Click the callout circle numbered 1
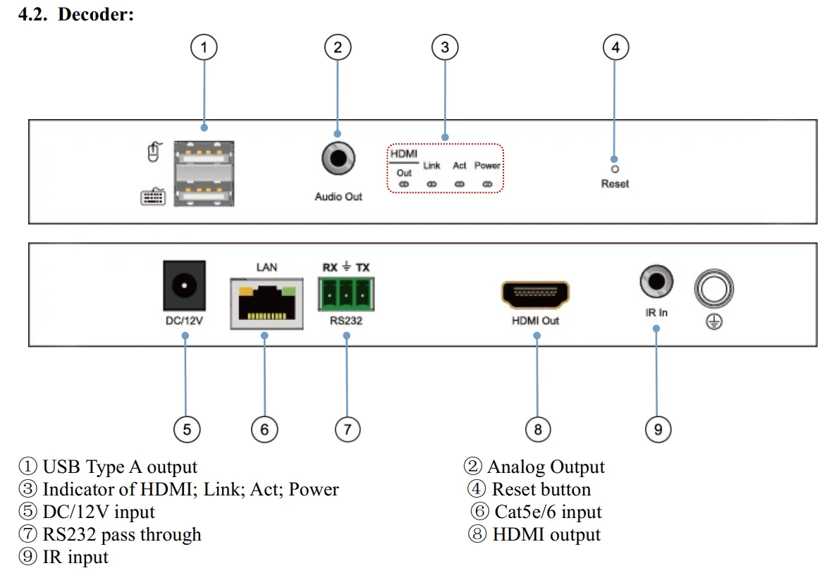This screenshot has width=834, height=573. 204,48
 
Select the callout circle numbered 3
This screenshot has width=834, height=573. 444,48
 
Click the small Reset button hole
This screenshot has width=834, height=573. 614,169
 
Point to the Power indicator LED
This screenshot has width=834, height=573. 486,184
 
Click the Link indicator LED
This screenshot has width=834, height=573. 432,184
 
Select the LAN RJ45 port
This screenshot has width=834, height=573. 266,302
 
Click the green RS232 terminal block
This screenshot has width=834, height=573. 346,294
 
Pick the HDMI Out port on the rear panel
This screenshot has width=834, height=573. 535,295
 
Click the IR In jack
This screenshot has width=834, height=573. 656,283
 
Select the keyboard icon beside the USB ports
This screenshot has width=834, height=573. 153,196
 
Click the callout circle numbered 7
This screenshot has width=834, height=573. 347,429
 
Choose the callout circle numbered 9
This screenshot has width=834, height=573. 658,429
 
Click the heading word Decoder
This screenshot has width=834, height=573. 95,15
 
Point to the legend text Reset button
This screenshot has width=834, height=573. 541,489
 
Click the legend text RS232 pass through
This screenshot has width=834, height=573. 121,534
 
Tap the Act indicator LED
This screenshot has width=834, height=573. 460,184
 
